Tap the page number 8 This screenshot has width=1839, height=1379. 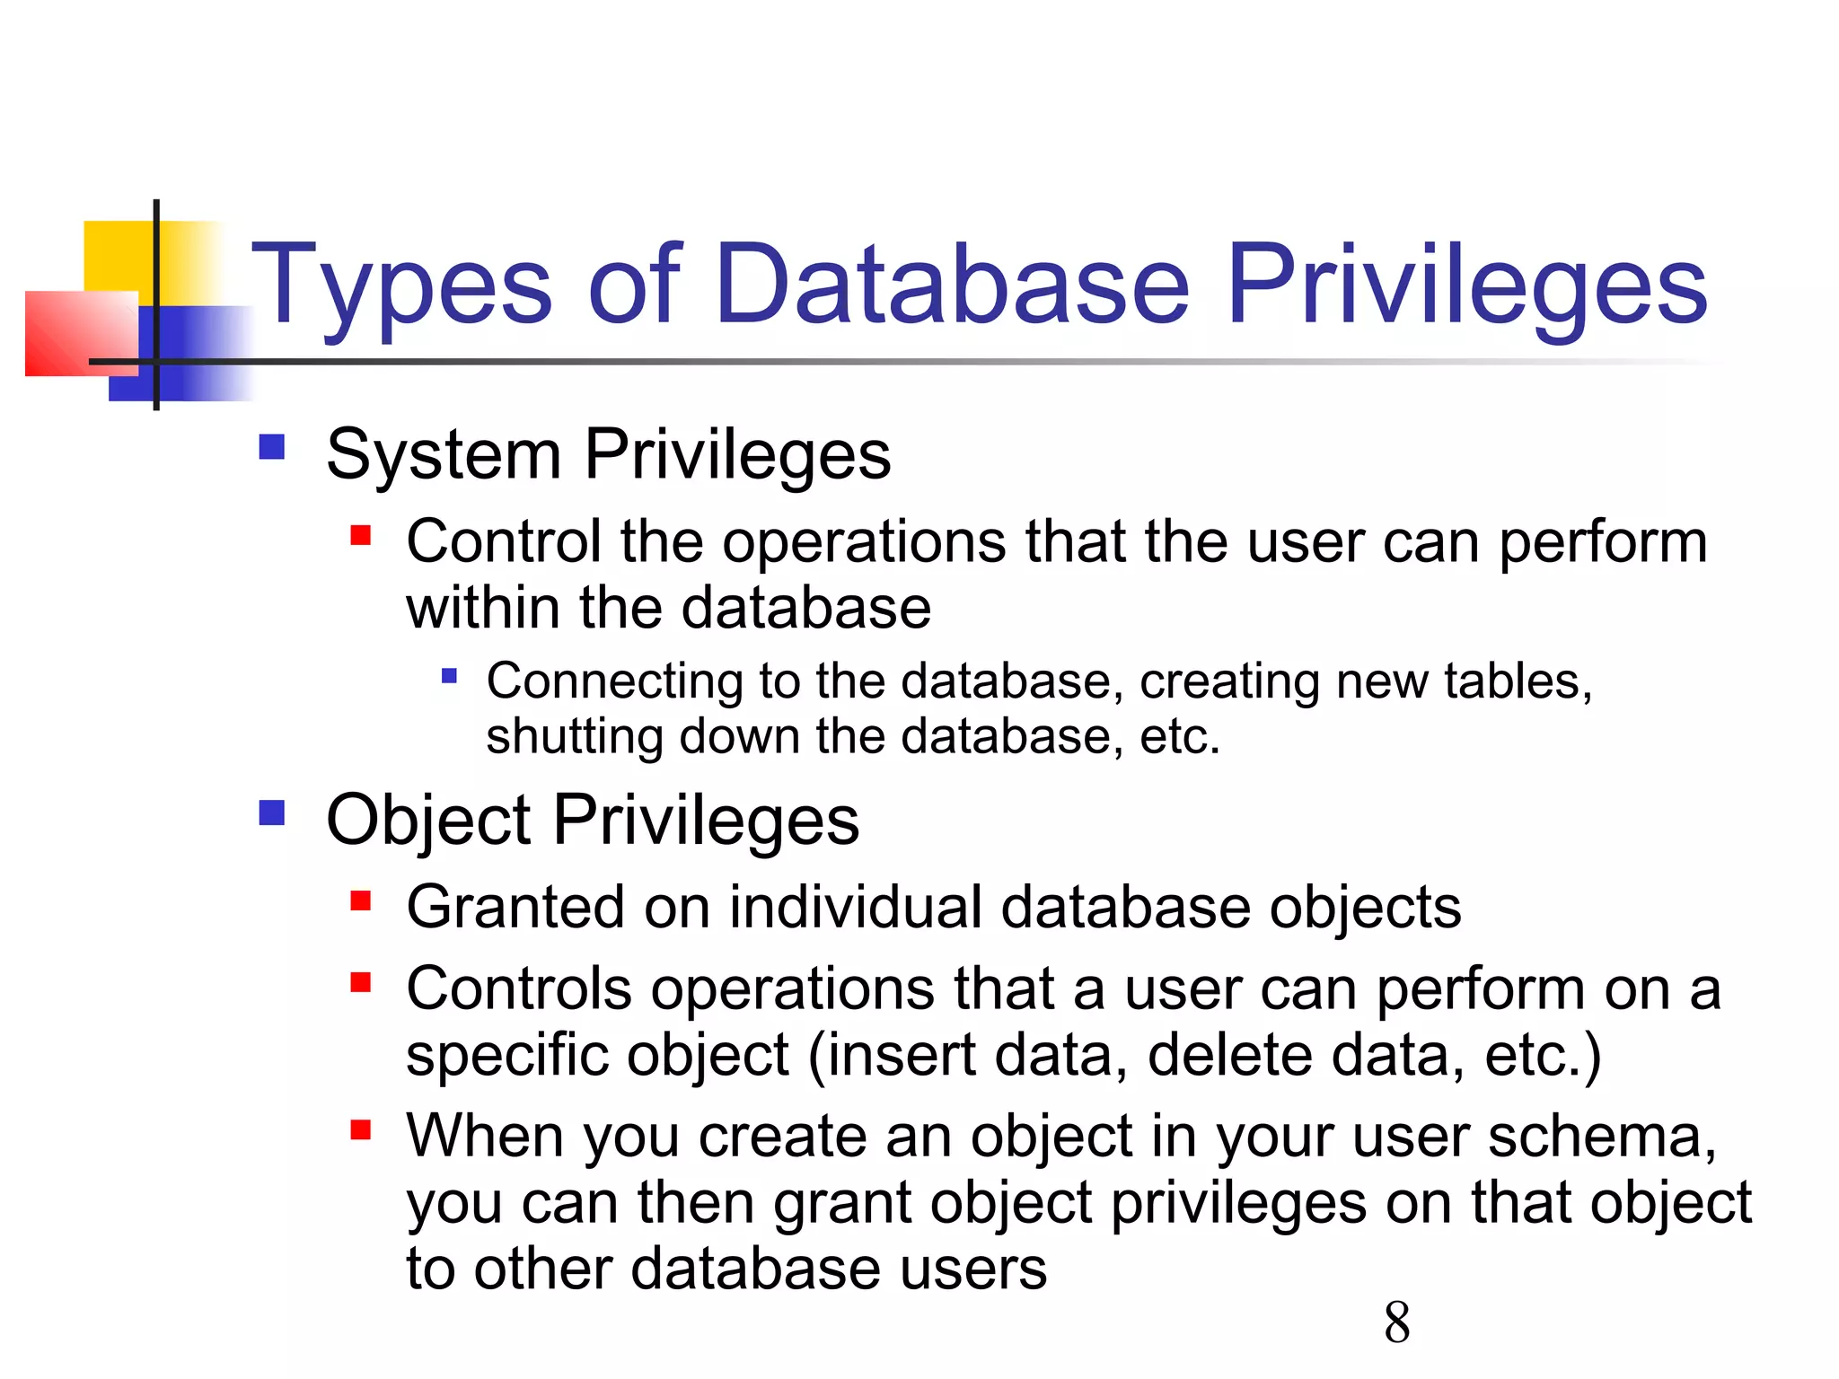click(1396, 1322)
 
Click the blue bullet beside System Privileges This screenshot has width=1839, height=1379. click(271, 446)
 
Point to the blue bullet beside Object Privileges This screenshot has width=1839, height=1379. click(271, 812)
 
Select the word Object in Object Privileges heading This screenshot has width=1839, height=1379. click(428, 821)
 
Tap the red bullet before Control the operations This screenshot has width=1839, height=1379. click(361, 536)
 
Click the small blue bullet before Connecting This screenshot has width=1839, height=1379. click(450, 675)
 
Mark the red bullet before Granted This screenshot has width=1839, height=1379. click(361, 900)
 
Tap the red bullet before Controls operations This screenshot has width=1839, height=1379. click(361, 982)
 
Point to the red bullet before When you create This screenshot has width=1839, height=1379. click(361, 1129)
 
